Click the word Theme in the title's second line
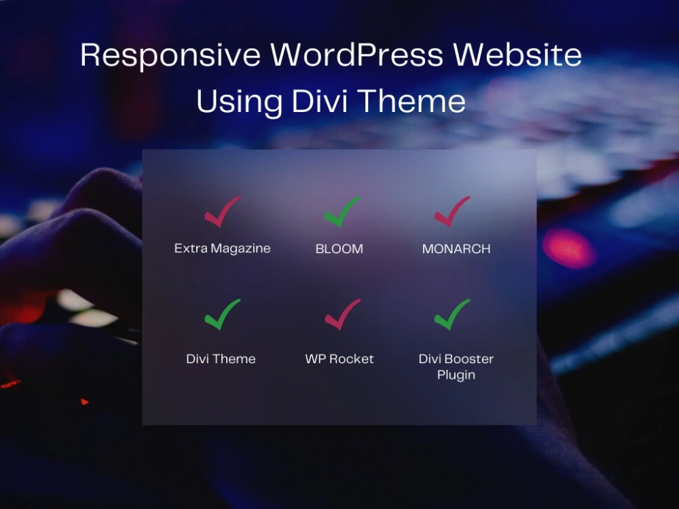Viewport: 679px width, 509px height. pyautogui.click(x=412, y=102)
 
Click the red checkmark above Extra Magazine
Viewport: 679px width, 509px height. pyautogui.click(x=222, y=212)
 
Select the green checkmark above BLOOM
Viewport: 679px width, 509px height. pyautogui.click(x=342, y=212)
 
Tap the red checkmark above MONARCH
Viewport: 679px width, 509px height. pyautogui.click(x=452, y=212)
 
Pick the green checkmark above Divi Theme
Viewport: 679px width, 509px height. pyautogui.click(x=222, y=316)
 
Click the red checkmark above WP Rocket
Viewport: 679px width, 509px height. pyautogui.click(x=342, y=316)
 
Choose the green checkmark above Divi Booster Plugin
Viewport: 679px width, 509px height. pyautogui.click(x=452, y=316)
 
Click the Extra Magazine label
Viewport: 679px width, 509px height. pyautogui.click(x=222, y=248)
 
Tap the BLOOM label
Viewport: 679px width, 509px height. pyautogui.click(x=339, y=249)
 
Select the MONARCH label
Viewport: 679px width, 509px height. pyautogui.click(x=456, y=249)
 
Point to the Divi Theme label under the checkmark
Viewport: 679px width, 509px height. pyautogui.click(x=221, y=359)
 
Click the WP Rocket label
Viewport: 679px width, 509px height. pyautogui.click(x=339, y=359)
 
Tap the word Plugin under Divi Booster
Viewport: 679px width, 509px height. pyautogui.click(x=456, y=375)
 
